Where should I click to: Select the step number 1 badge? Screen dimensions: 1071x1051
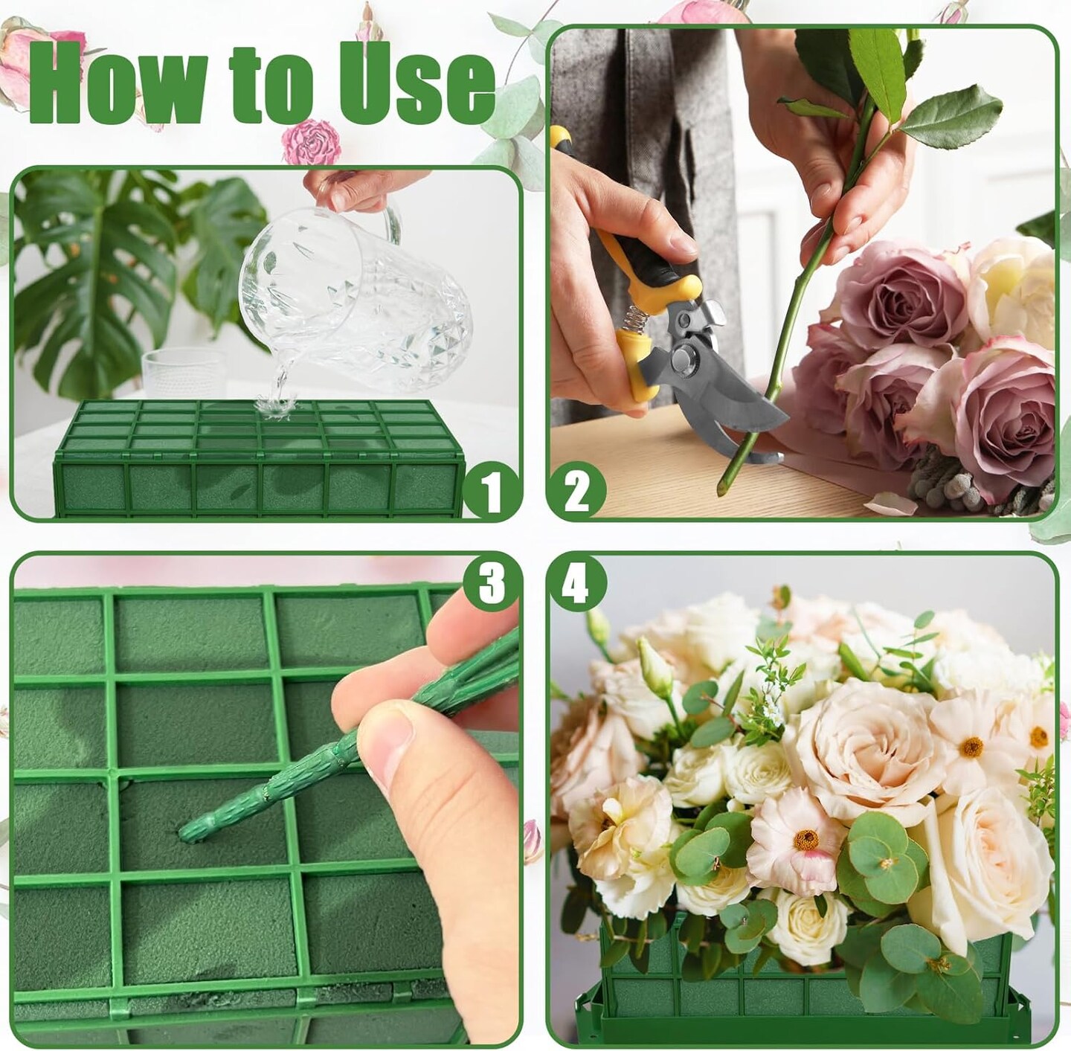click(489, 488)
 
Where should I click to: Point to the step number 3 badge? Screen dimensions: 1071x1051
click(492, 585)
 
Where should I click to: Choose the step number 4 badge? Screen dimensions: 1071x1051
click(576, 585)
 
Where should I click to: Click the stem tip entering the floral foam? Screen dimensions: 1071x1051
click(186, 832)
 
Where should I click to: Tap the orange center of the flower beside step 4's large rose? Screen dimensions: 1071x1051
click(971, 747)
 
